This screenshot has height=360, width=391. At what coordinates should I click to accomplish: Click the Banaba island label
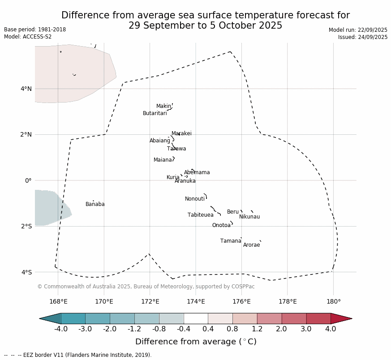point(95,204)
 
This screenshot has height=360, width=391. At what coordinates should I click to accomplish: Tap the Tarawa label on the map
point(176,149)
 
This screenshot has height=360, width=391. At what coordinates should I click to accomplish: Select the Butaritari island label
point(155,113)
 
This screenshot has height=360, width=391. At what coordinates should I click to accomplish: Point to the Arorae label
point(251,245)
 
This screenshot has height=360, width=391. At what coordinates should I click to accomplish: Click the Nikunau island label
point(249,217)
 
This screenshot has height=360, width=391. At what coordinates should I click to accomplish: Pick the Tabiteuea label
point(200,215)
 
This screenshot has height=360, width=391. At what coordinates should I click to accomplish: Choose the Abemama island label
point(197,172)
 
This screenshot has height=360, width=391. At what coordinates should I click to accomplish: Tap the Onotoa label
point(221,225)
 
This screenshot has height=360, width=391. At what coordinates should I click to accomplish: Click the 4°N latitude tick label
point(26,89)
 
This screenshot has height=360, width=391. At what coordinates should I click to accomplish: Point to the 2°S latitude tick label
point(26,226)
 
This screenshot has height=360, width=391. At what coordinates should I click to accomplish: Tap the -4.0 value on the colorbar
point(61,329)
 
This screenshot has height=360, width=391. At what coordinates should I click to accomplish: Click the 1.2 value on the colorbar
point(257,329)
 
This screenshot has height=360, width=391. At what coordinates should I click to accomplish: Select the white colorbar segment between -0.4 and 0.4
point(196,318)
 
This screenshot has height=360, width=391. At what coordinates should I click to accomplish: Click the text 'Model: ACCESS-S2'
point(28,37)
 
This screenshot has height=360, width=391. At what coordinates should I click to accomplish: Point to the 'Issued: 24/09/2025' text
point(363,37)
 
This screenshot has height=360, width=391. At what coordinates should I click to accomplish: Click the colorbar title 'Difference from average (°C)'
point(196,342)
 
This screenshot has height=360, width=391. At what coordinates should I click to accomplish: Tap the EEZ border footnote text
point(78,355)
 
